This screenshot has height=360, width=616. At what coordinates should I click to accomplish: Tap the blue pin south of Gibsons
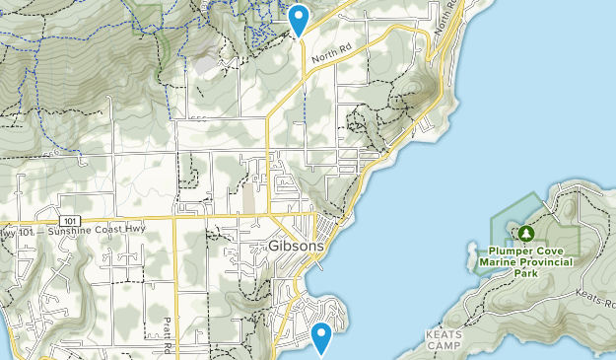321,337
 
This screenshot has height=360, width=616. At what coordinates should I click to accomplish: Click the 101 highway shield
67,219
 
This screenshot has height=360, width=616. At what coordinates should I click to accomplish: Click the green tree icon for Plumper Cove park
526,233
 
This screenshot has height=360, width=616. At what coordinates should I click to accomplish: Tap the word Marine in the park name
498,262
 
